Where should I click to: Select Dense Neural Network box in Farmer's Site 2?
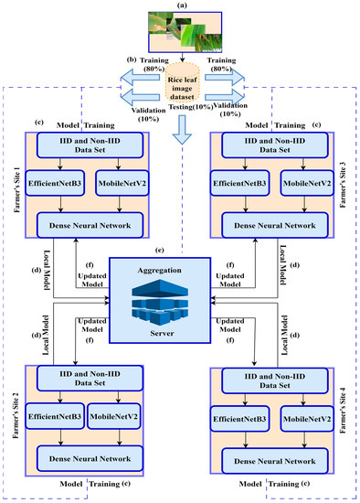pos(90,455)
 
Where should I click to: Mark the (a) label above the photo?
pos(181,6)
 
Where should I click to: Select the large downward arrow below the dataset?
pos(181,135)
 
